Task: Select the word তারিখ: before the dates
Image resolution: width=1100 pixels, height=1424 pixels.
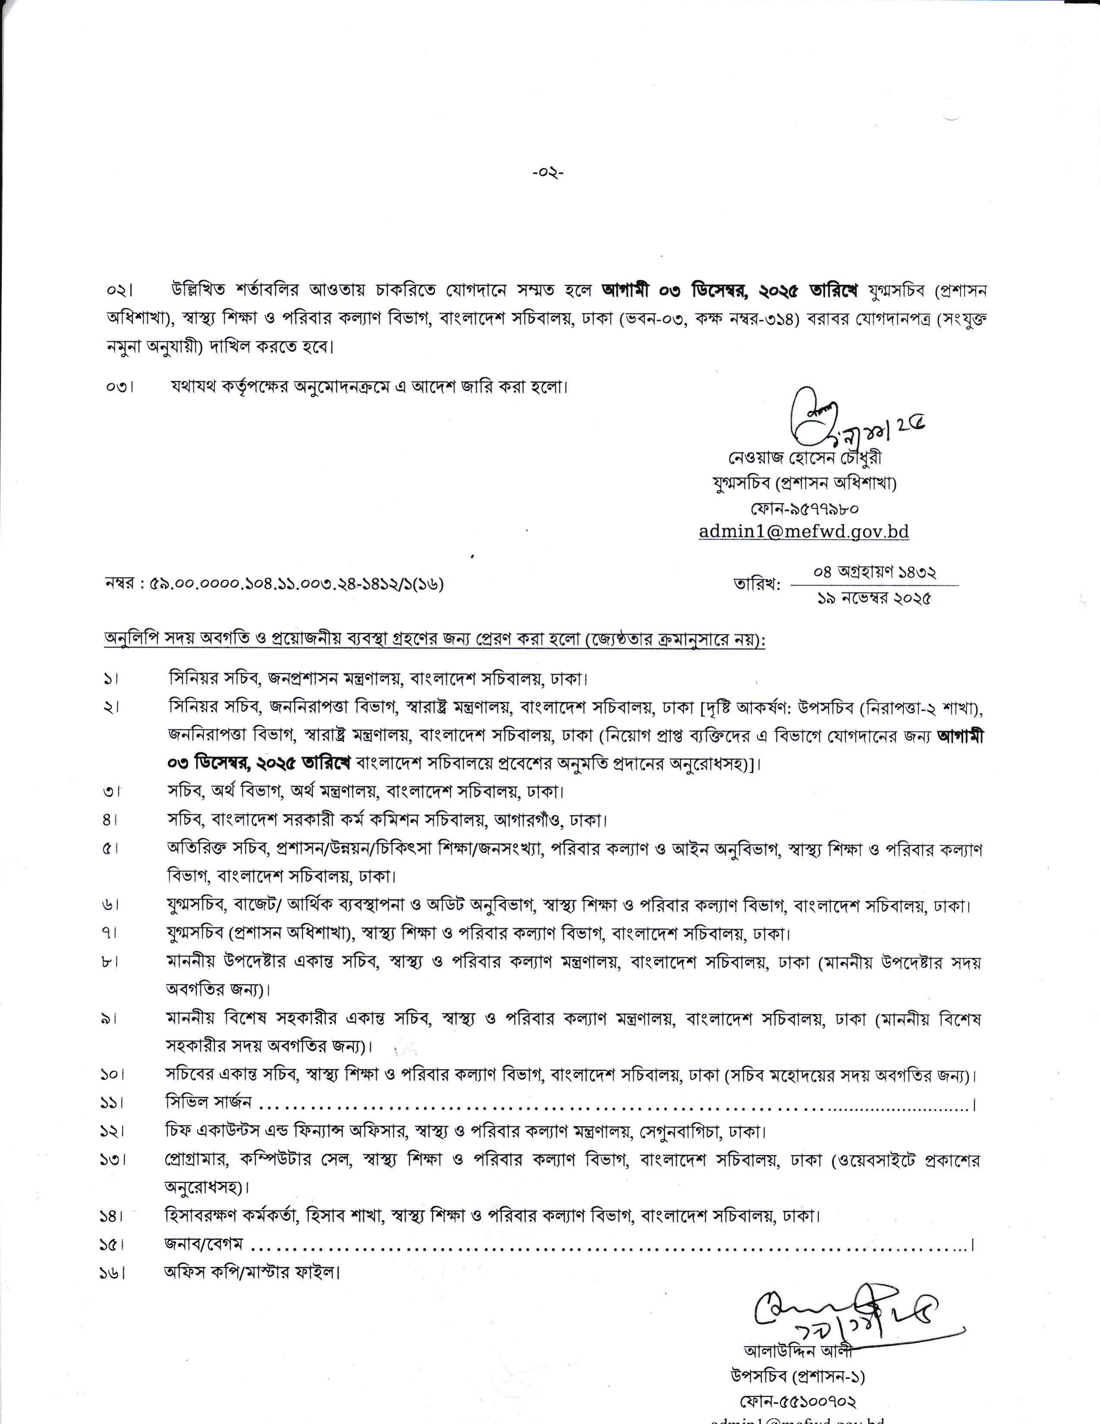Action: coord(756,585)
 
